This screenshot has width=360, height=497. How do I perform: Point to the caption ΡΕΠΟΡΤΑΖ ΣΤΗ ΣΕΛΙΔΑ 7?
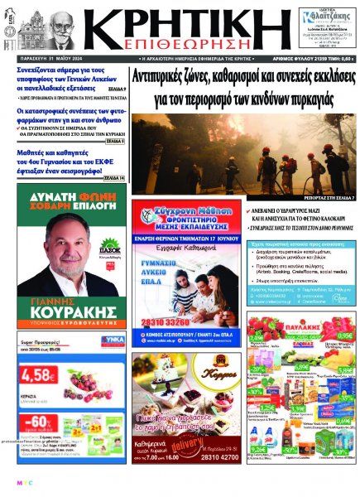pyautogui.click(x=327, y=199)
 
